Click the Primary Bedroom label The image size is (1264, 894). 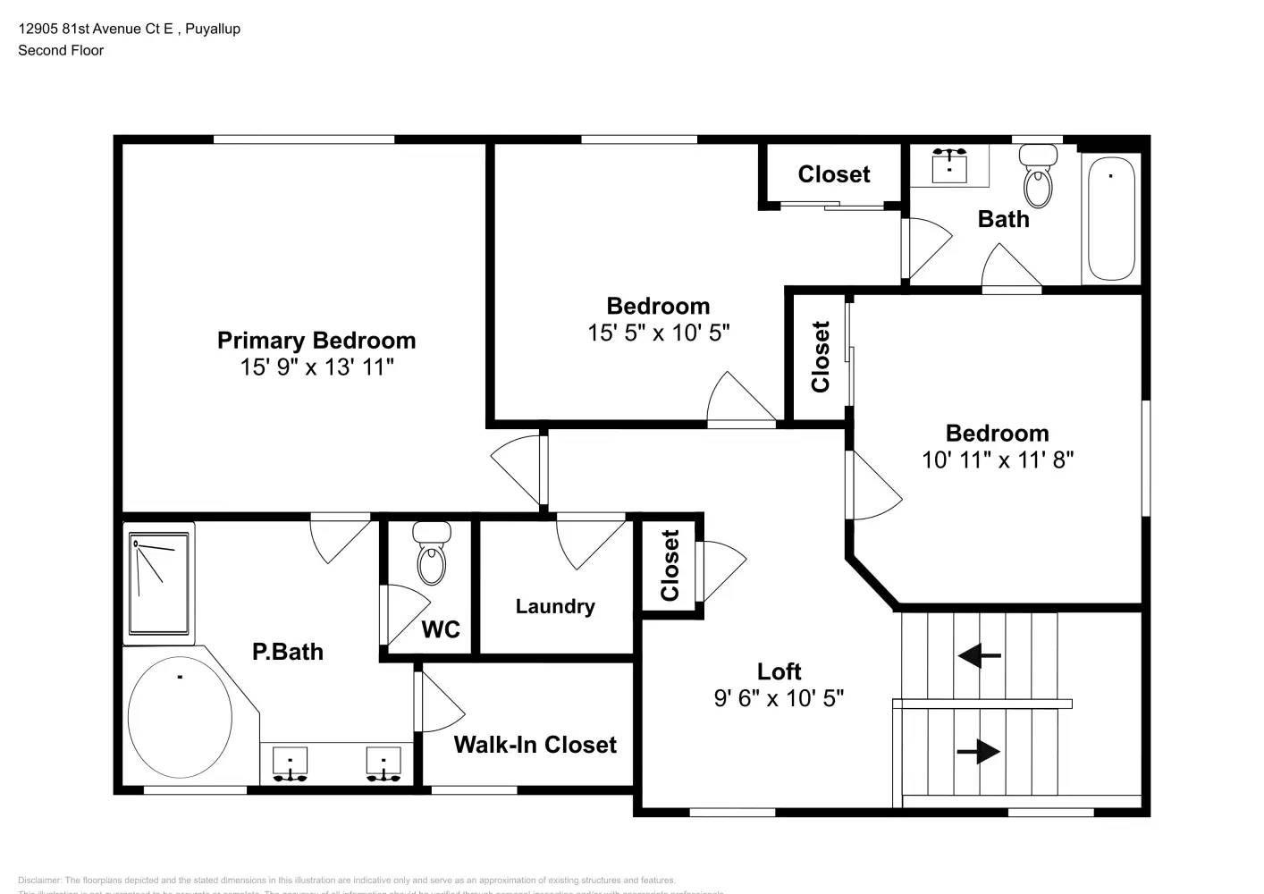click(316, 341)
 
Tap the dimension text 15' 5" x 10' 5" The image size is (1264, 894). click(658, 333)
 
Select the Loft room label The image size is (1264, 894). click(779, 671)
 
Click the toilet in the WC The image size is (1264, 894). click(431, 554)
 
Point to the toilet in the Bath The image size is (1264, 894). click(1038, 177)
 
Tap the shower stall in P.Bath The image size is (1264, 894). click(159, 583)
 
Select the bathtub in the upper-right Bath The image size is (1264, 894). click(1110, 218)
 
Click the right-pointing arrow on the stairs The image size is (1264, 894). click(979, 751)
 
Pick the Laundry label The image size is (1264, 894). click(555, 606)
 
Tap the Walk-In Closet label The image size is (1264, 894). click(535, 745)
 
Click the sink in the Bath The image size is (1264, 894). click(948, 165)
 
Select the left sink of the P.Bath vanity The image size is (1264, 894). click(290, 764)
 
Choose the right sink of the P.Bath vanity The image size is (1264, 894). click(383, 764)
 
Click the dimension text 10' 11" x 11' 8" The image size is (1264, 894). click(997, 460)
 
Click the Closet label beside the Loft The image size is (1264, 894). click(670, 565)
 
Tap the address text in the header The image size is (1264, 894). click(129, 29)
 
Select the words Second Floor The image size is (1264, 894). click(61, 50)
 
